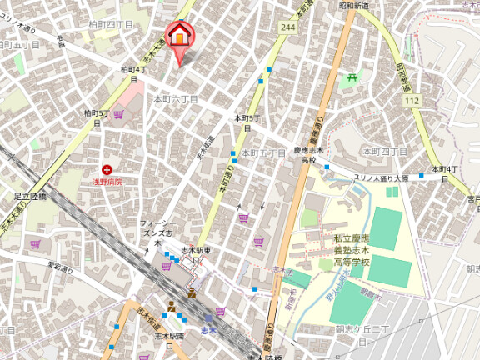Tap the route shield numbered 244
[288, 27]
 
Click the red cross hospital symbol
[107, 169]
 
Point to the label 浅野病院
[107, 181]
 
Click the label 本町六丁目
[175, 99]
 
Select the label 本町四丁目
[383, 152]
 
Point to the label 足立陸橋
[30, 197]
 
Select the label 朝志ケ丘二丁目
[357, 331]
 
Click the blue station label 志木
[208, 331]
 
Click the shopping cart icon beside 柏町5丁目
[118, 113]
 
